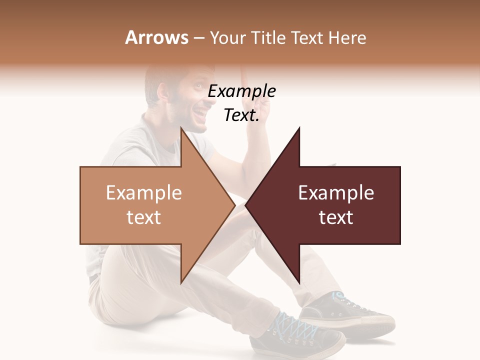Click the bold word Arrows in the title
[x=156, y=37]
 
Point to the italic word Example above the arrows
[x=241, y=91]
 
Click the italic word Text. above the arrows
[x=241, y=115]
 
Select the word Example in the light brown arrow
[x=143, y=193]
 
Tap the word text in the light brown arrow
[x=143, y=217]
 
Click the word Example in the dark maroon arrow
[x=336, y=193]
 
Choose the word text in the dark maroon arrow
[x=336, y=217]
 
